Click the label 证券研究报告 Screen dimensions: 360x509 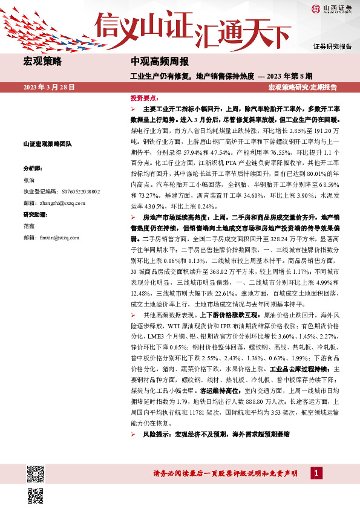pyautogui.click(x=332, y=47)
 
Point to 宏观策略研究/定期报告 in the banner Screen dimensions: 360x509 pyautogui.click(x=303, y=87)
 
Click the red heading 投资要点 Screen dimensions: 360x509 pyautogui.click(x=145, y=97)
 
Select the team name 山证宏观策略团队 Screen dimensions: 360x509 pyautogui.click(x=47, y=144)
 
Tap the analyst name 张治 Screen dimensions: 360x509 pyautogui.click(x=28, y=180)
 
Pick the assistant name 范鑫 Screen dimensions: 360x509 pyautogui.click(x=28, y=225)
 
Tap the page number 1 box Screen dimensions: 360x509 pyautogui.click(x=316, y=473)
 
